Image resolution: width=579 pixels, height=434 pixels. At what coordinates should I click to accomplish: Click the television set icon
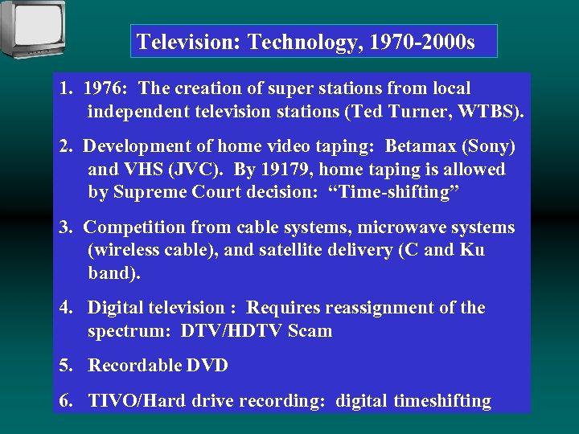[x=33, y=28]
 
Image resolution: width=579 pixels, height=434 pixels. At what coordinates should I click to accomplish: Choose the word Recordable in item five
[x=133, y=366]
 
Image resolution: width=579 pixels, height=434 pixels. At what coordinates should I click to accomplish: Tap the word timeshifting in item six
[x=442, y=401]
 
